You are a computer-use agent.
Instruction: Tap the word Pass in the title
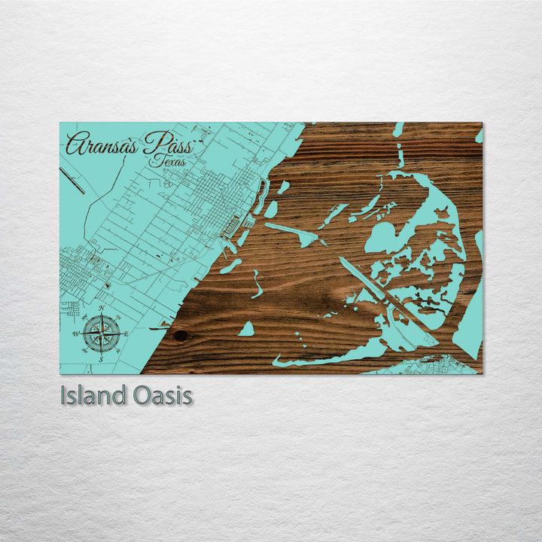(x=169, y=142)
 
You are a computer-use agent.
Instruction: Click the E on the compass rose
(x=126, y=333)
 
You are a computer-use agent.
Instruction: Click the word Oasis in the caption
(x=161, y=395)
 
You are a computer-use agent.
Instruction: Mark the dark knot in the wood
(x=180, y=336)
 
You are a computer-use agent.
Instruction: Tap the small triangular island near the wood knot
(x=246, y=329)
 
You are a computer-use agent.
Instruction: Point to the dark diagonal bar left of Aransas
(x=73, y=180)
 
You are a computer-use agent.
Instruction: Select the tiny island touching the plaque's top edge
(x=398, y=129)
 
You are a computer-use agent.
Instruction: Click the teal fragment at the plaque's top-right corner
(x=479, y=135)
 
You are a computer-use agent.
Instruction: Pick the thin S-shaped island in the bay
(x=257, y=284)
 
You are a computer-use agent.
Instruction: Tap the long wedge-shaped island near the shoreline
(x=294, y=234)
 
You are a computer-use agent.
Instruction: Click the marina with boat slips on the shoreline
(x=233, y=223)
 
